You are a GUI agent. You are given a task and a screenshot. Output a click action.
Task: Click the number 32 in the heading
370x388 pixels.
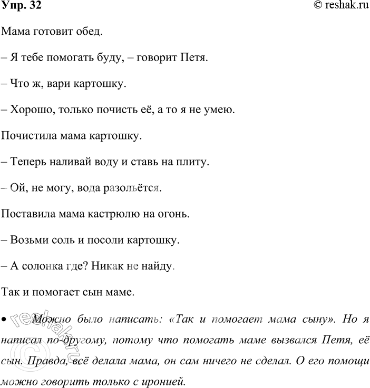click(31, 6)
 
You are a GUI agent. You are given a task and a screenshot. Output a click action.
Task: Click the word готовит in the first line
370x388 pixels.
click(50, 32)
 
